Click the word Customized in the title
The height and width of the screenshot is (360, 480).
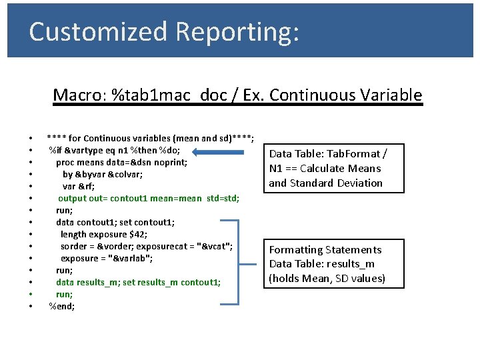[98, 31]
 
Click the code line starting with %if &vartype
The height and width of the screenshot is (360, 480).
[123, 150]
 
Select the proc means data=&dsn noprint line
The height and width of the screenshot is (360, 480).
[121, 162]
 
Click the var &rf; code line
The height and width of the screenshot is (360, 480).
[78, 186]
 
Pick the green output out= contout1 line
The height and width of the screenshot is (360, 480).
[148, 198]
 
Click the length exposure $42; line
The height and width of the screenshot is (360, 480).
[104, 234]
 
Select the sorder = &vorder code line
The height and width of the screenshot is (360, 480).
[147, 246]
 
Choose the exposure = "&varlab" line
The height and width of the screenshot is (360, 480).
[107, 258]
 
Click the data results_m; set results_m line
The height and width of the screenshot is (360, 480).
[138, 282]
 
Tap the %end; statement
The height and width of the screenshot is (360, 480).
[62, 306]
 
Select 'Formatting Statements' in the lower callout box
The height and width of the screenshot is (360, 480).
[325, 249]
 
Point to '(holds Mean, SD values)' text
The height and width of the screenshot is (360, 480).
[327, 278]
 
